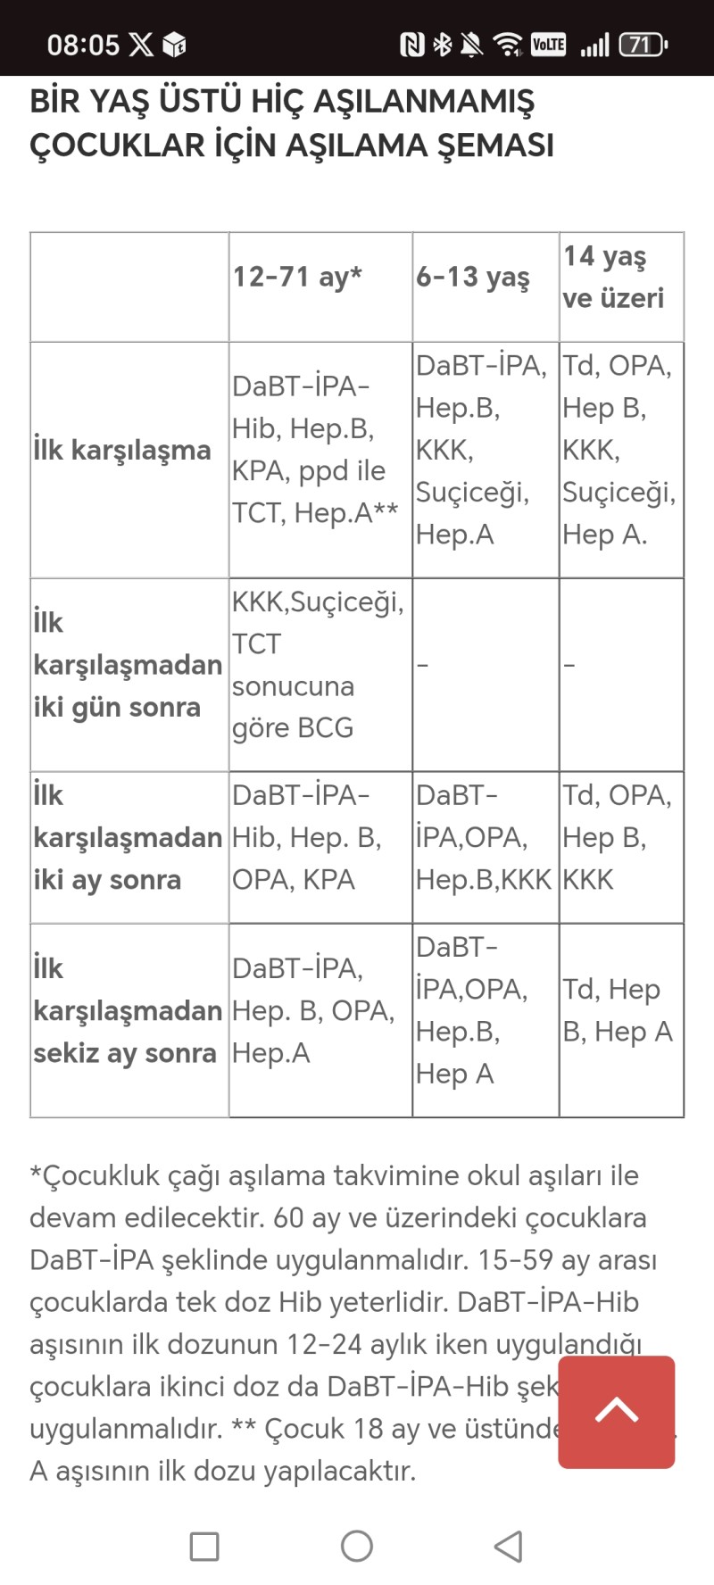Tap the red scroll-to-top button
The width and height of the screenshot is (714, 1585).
616,1411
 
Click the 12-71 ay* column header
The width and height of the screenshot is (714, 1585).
297,277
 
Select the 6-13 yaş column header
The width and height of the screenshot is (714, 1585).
473,277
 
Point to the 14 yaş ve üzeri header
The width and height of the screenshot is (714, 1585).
613,277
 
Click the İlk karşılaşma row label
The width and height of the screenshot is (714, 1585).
122,450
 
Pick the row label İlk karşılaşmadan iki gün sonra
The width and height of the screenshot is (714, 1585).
128,665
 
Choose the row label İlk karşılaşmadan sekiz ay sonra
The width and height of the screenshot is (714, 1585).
128,1011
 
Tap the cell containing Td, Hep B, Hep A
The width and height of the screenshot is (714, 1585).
618,1010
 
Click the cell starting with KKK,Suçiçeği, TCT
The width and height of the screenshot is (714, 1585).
318,665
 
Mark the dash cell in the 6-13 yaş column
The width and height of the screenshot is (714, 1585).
423,665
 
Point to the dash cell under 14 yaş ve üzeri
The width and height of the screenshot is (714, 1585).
569,665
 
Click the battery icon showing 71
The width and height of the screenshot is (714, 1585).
643,45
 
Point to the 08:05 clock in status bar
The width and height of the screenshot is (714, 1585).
83,45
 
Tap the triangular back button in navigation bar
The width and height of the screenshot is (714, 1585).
508,1547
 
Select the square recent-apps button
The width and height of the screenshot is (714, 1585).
204,1547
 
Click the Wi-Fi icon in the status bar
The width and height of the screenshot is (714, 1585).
508,45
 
